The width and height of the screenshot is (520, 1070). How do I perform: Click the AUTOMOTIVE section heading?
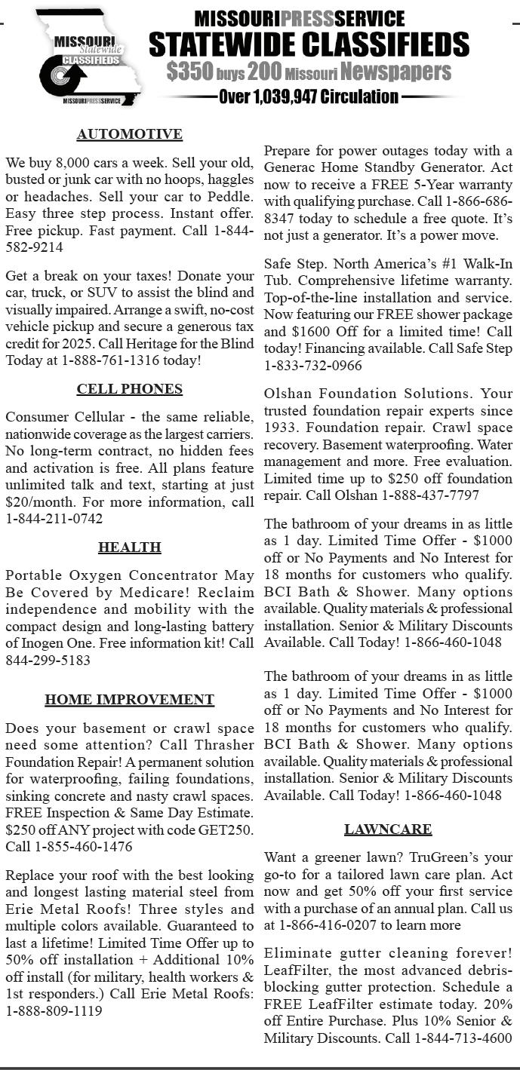[x=129, y=134]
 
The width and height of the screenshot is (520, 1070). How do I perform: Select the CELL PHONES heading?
[x=129, y=389]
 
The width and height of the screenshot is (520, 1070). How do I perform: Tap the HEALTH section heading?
[x=129, y=547]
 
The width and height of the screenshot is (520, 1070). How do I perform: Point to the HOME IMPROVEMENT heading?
[x=129, y=699]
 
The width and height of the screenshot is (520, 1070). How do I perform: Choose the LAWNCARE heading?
[x=388, y=829]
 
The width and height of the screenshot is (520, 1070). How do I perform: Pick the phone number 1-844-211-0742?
[x=54, y=519]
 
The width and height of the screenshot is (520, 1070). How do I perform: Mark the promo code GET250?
[x=225, y=829]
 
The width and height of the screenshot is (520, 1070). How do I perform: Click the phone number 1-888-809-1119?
[x=54, y=1011]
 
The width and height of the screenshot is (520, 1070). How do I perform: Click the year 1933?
[x=281, y=428]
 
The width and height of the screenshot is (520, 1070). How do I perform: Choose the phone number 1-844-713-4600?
[x=463, y=1038]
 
